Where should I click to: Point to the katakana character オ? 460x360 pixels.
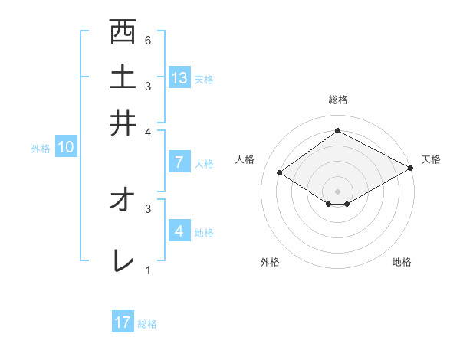point(122,201)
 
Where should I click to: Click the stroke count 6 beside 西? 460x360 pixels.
point(147,40)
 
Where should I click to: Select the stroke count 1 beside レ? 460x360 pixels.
point(147,270)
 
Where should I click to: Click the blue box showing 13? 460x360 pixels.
point(179,77)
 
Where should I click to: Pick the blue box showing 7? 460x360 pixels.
point(179,162)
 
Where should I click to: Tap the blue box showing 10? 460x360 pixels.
point(66,148)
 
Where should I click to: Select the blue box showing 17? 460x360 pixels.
point(123,322)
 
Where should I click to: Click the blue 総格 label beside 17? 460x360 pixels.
point(148,323)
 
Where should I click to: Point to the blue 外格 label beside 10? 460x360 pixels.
point(41,149)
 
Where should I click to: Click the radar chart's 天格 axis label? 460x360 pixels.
point(431,159)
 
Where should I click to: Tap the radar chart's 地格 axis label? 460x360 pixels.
point(402,262)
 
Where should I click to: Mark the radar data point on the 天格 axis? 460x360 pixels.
point(411,167)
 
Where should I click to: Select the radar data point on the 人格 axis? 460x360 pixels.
point(280,173)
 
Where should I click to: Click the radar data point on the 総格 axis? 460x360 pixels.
point(337,130)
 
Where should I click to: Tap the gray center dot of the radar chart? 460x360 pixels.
point(338,191)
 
